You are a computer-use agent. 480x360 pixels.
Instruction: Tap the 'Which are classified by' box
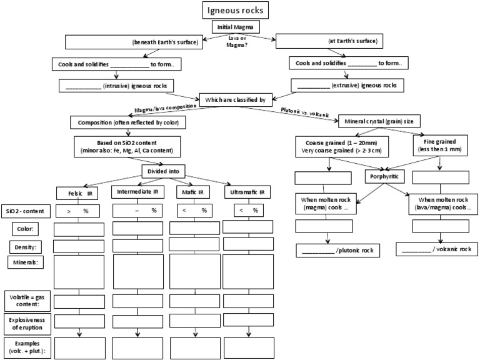[236, 98]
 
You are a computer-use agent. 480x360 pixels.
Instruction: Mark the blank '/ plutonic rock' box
[337, 250]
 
